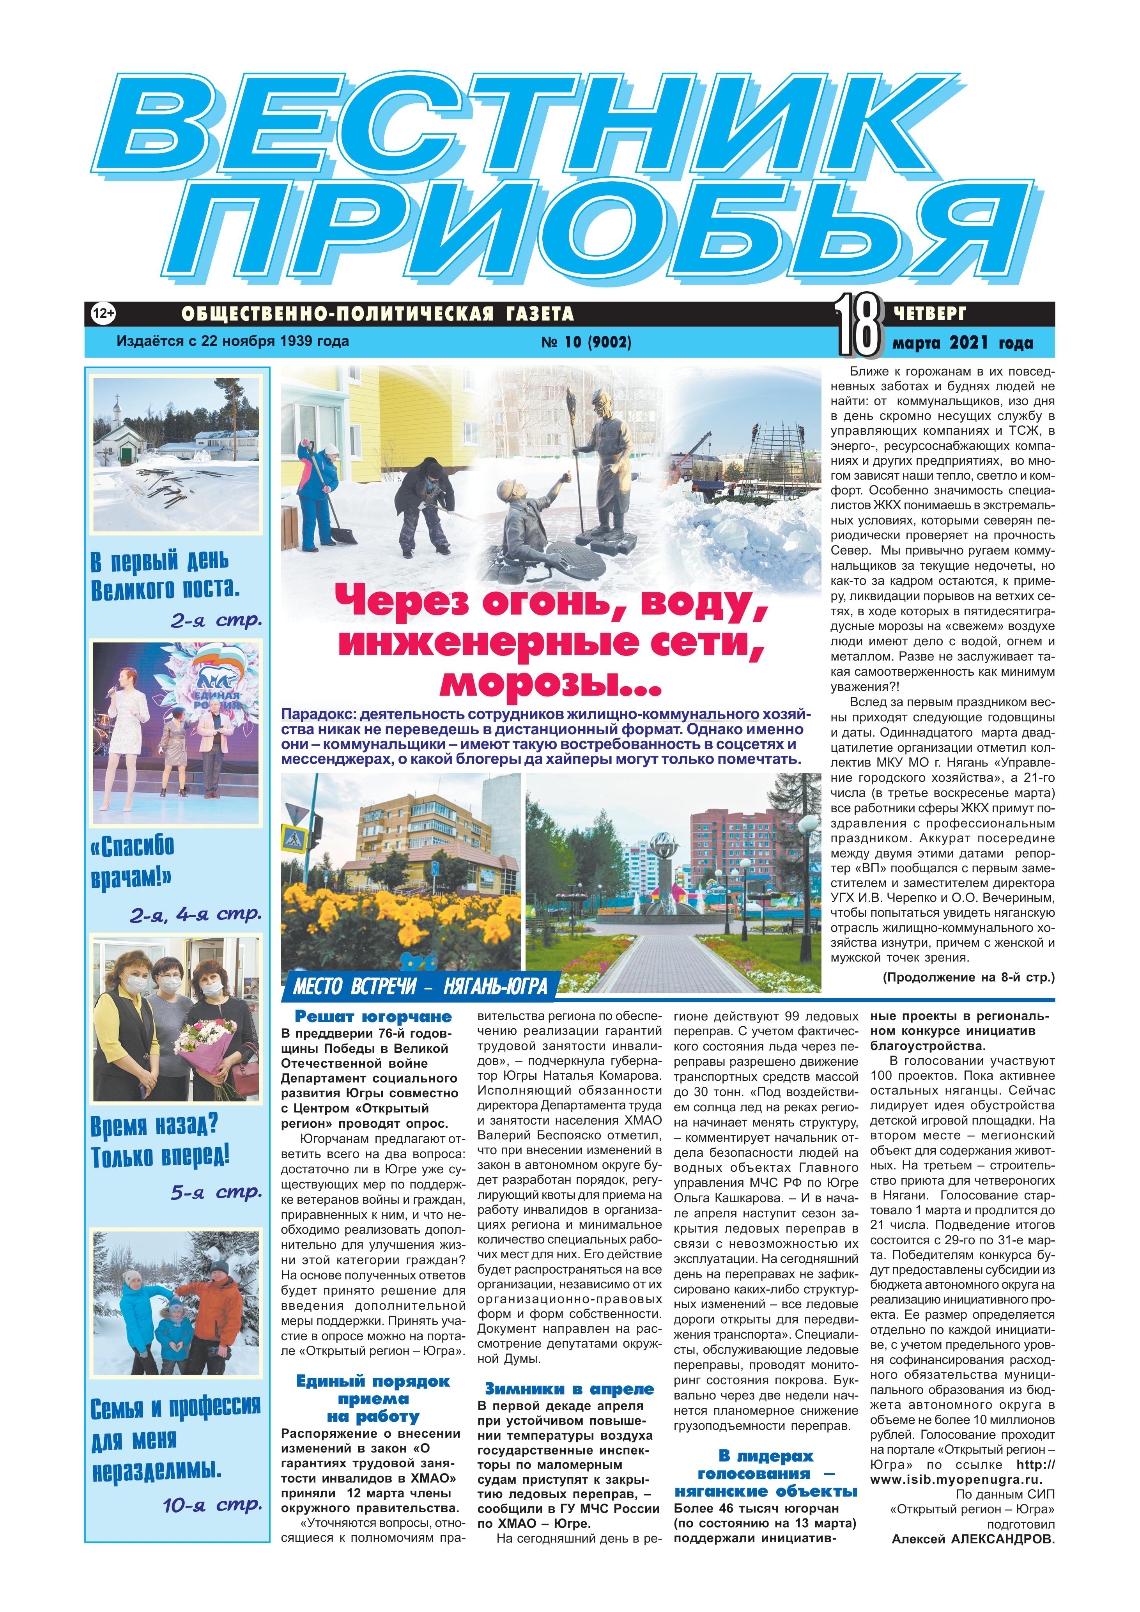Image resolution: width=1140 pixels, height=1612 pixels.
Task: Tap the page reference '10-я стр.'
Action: (212, 1505)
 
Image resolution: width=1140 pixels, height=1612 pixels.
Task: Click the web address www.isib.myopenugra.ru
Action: (955, 1479)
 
